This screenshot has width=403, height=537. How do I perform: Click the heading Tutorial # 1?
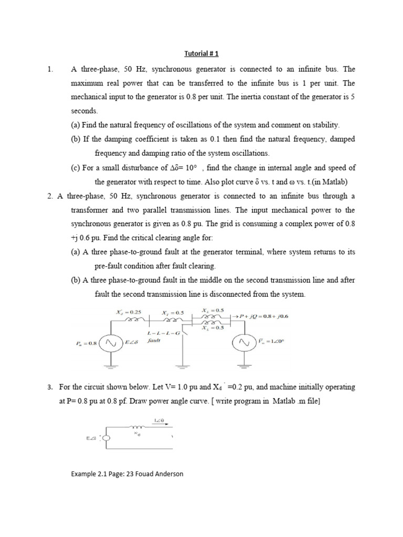pos(201,53)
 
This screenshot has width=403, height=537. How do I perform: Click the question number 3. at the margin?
pos(50,387)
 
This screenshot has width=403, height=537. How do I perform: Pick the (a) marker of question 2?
pos(76,252)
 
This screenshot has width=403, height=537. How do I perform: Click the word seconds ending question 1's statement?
pos(84,111)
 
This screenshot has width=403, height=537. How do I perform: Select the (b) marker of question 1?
pos(76,139)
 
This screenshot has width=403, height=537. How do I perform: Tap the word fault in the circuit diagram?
pos(154,340)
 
